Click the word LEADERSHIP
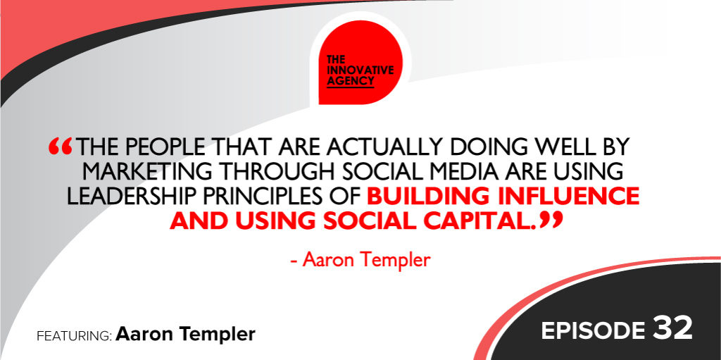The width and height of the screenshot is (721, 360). tap(131, 197)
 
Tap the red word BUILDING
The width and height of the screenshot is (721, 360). tap(422, 197)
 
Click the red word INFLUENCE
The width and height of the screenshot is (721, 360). tap(562, 197)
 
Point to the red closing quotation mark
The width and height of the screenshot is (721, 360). tap(551, 220)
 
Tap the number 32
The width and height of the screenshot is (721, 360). tap(672, 329)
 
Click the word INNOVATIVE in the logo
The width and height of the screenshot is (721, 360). tap(360, 70)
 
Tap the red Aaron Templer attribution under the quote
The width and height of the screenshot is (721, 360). tap(360, 261)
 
